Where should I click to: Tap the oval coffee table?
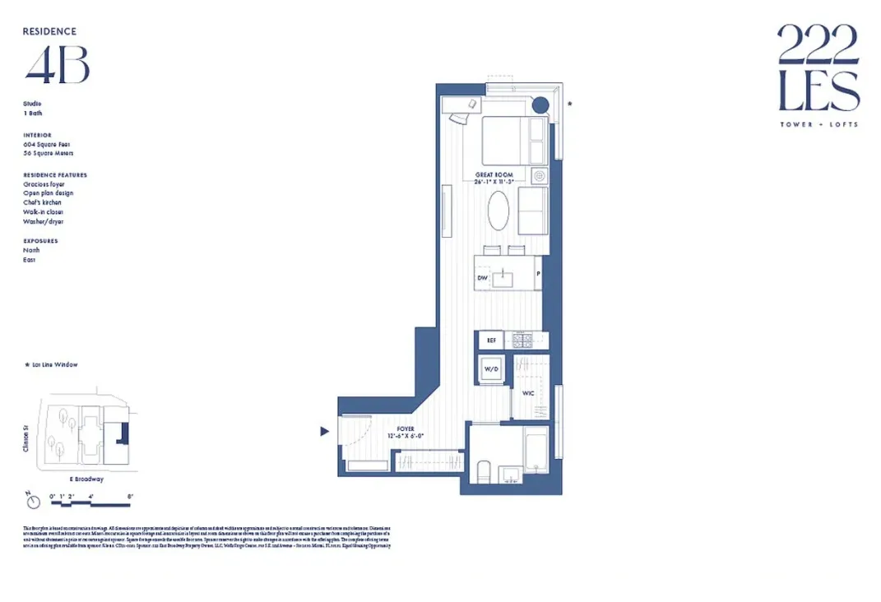coord(498,212)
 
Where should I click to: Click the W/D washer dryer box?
coord(491,369)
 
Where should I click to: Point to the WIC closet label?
coord(528,394)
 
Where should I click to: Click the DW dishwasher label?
coord(482,280)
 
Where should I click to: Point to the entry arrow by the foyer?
coord(325,431)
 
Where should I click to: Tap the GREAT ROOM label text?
coord(494,175)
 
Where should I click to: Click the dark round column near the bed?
coord(540,104)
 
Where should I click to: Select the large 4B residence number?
coord(56,66)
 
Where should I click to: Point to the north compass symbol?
coord(30,500)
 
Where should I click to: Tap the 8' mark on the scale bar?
coord(129,496)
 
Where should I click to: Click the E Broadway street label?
coord(86,479)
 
